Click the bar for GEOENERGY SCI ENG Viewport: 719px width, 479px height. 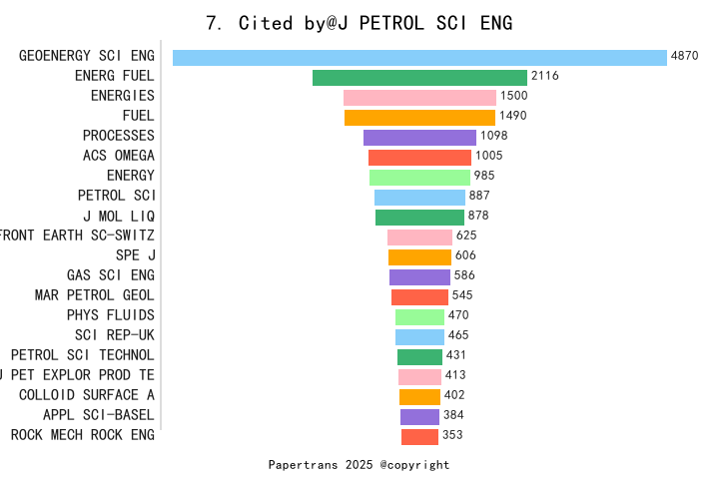coord(419,58)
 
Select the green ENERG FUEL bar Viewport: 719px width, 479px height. coord(419,78)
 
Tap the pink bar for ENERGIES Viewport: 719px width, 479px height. coord(419,98)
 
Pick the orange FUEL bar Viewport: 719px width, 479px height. coord(419,118)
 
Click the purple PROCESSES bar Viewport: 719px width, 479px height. coord(419,138)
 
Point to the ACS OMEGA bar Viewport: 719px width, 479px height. coord(419,158)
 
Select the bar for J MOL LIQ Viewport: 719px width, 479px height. coord(419,218)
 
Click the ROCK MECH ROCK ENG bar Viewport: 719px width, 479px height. coord(419,436)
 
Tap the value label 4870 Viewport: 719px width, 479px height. coord(684,56)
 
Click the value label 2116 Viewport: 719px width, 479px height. coord(544,76)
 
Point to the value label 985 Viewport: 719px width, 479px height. coord(484,176)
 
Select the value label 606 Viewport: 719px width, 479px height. coord(465,255)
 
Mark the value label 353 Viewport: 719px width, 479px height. coord(452,434)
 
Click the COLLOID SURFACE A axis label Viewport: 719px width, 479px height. coord(87,394)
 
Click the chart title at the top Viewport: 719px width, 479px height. coord(359,23)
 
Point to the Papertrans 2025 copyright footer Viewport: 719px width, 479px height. coord(359,465)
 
